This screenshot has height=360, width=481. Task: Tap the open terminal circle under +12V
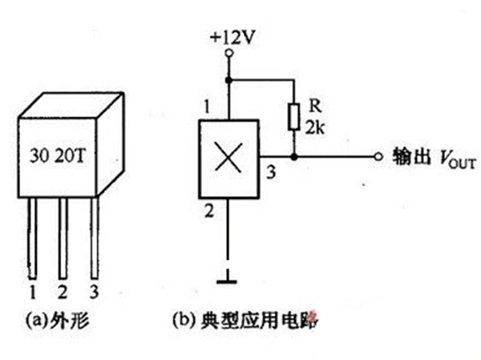[228, 53]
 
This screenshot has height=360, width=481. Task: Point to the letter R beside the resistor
[312, 107]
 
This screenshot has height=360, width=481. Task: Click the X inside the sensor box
[228, 157]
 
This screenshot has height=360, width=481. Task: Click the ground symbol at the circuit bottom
[228, 280]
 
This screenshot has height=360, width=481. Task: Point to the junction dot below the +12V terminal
[228, 79]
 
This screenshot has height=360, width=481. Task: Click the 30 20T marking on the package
[56, 155]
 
